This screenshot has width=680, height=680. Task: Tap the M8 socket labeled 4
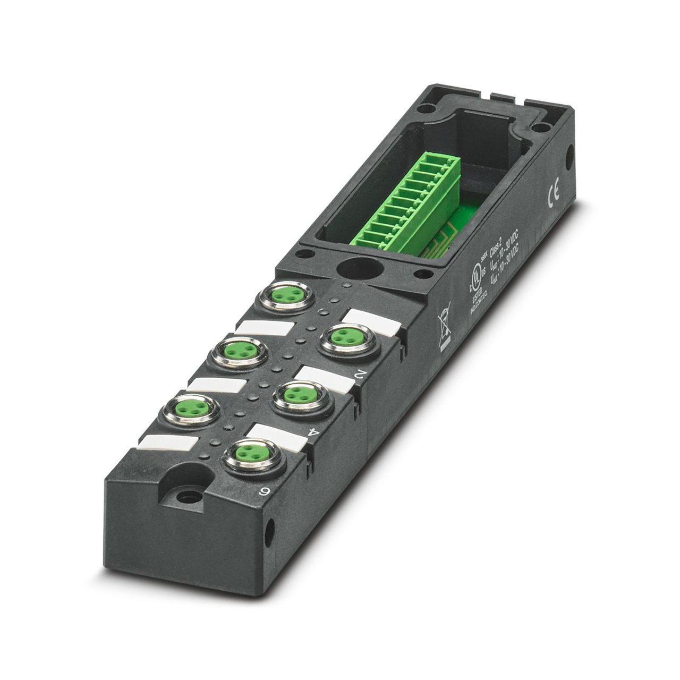tap(294, 395)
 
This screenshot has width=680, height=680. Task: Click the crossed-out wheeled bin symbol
tap(444, 326)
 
